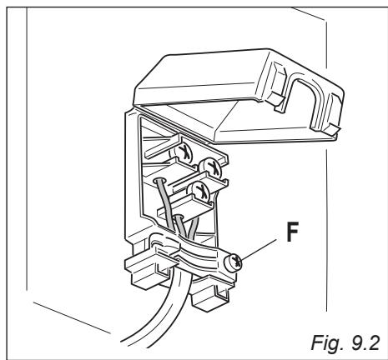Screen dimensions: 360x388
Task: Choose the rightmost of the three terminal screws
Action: click(x=214, y=167)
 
